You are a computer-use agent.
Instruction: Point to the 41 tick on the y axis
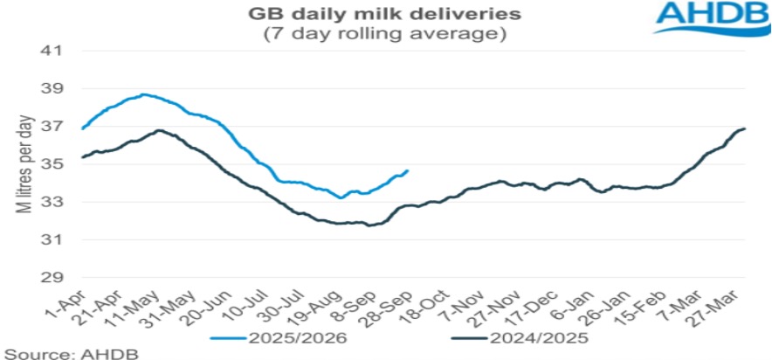[x=54, y=51]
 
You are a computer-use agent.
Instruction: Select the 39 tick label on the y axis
[x=54, y=89]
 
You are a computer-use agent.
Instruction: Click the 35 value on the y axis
[x=54, y=164]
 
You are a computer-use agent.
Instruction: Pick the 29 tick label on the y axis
[x=54, y=278]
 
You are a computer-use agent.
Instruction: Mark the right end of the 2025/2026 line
[x=408, y=170]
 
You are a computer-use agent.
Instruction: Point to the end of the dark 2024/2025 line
[x=744, y=128]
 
